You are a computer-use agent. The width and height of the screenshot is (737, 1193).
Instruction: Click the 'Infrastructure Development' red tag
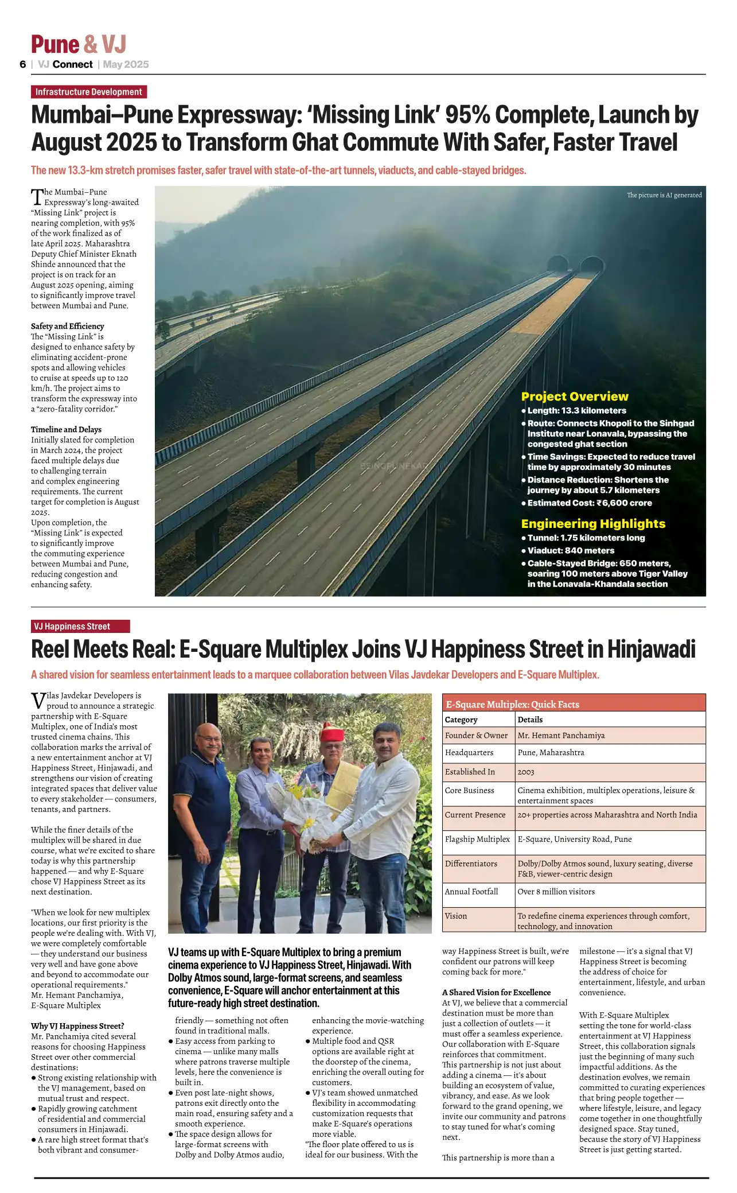89,92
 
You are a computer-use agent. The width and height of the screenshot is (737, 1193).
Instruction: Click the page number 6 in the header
23,64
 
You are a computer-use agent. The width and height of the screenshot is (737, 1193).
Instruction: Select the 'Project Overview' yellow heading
574,397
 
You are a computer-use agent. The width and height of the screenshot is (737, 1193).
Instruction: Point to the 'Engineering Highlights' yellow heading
593,523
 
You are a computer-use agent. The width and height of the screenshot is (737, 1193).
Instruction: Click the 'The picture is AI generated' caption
664,195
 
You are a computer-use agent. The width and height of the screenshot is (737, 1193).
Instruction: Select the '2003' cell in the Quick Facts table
525,772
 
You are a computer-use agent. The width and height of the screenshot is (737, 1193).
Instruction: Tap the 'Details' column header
530,720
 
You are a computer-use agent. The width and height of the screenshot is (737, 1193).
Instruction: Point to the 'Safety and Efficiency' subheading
68,326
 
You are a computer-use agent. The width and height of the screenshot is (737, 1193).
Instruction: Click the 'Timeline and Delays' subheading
66,429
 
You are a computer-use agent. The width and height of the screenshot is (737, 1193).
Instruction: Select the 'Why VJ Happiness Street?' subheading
77,1026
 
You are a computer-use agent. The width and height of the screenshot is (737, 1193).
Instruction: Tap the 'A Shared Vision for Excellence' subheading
496,992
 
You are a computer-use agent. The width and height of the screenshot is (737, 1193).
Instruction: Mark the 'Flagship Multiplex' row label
477,839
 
